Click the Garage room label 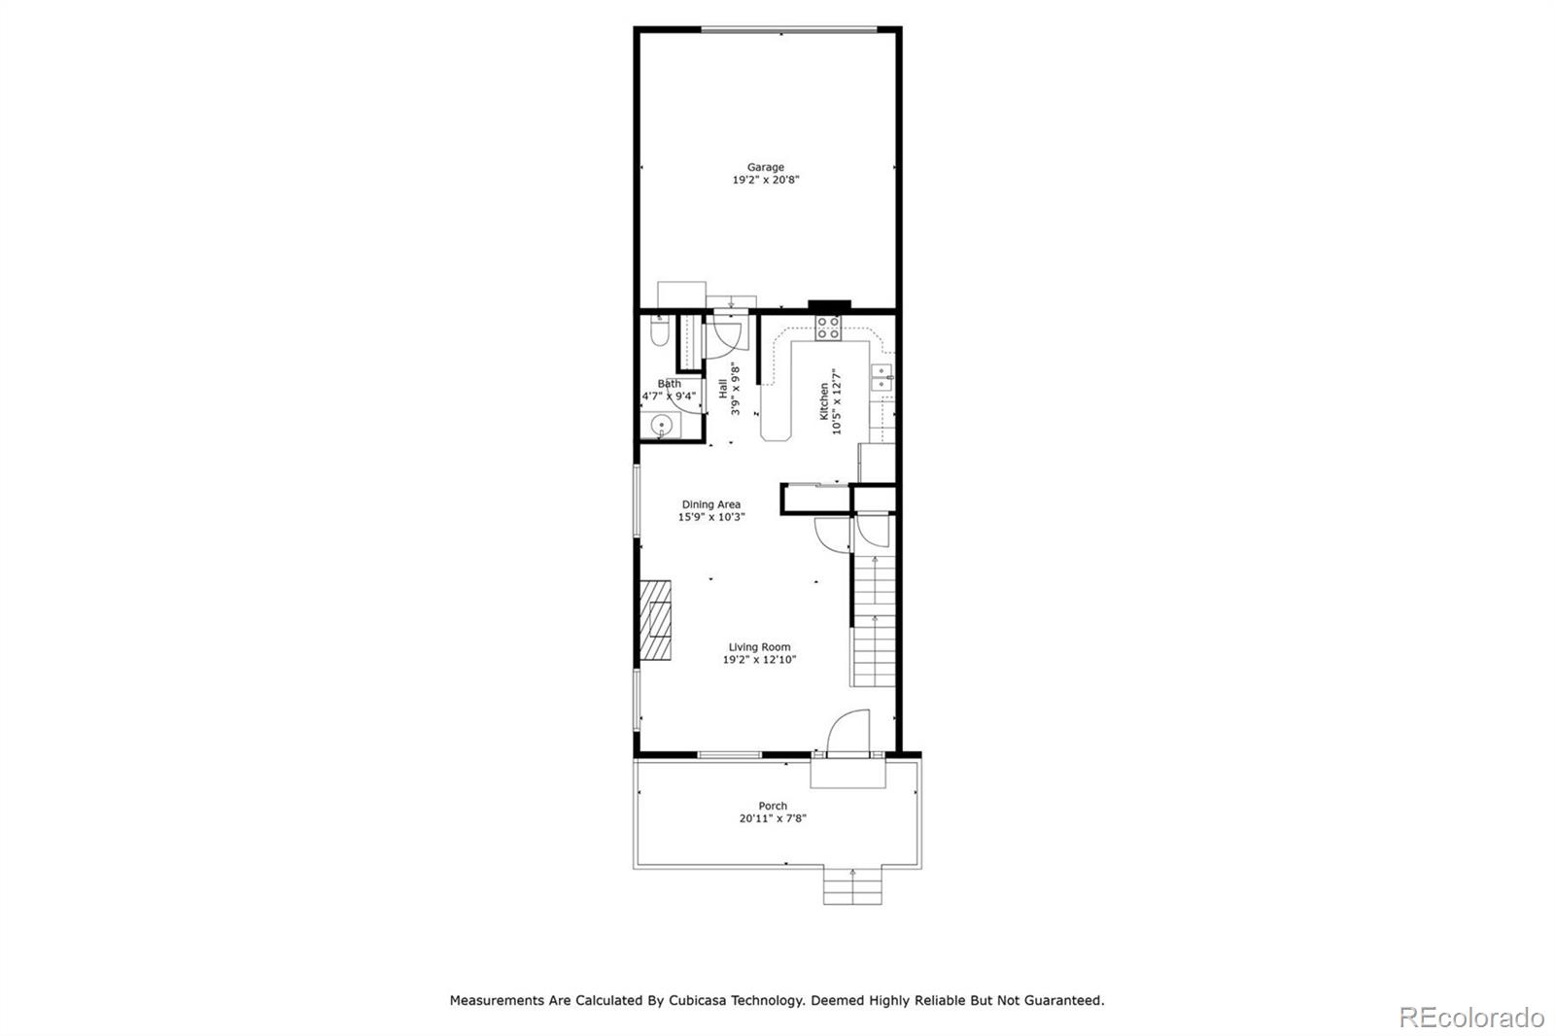pyautogui.click(x=765, y=167)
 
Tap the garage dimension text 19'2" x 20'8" pyautogui.click(x=765, y=181)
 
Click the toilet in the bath pyautogui.click(x=658, y=333)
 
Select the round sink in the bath pyautogui.click(x=662, y=426)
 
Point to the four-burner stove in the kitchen pyautogui.click(x=828, y=328)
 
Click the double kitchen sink pyautogui.click(x=882, y=377)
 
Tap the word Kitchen pyautogui.click(x=823, y=400)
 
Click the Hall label pyautogui.click(x=723, y=389)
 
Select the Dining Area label pyautogui.click(x=710, y=504)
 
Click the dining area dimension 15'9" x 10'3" pyautogui.click(x=710, y=518)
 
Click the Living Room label pyautogui.click(x=759, y=647)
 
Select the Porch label pyautogui.click(x=773, y=806)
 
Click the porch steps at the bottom pyautogui.click(x=852, y=885)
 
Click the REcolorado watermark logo pyautogui.click(x=1470, y=1018)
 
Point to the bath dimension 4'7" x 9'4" pyautogui.click(x=669, y=397)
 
